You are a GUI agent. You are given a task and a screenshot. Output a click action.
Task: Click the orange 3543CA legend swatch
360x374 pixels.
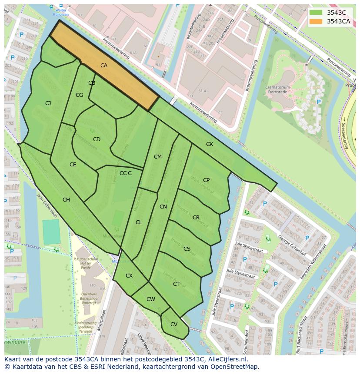(x=316, y=21)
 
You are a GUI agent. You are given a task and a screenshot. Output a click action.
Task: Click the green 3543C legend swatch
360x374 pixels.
(x=316, y=13)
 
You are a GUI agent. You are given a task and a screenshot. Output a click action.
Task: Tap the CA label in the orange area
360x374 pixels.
(x=104, y=66)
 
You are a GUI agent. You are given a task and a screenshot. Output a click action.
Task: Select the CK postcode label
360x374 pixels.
(x=210, y=144)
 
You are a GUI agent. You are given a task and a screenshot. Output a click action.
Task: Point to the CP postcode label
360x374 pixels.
(x=206, y=180)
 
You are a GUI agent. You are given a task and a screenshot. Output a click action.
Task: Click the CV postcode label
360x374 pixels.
(x=174, y=324)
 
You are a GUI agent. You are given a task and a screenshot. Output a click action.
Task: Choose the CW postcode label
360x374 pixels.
(x=151, y=299)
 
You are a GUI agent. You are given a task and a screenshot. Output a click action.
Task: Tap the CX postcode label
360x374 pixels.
(x=129, y=276)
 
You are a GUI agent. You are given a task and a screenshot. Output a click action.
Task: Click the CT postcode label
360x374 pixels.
(x=176, y=284)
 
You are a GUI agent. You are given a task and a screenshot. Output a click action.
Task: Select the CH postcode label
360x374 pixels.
(x=66, y=200)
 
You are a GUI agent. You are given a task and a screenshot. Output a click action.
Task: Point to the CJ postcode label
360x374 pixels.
(x=48, y=103)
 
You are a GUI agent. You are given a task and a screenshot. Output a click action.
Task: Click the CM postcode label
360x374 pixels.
(x=157, y=157)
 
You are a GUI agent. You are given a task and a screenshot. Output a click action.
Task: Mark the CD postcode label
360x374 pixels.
(x=97, y=139)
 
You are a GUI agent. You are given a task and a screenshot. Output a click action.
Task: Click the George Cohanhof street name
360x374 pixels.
(x=292, y=245)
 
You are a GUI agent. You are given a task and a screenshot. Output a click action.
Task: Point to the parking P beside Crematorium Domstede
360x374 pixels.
(x=319, y=102)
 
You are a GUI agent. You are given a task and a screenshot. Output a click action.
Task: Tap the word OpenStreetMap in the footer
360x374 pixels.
(x=235, y=367)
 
